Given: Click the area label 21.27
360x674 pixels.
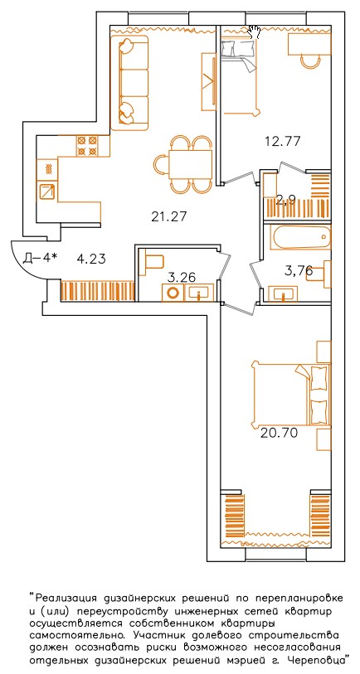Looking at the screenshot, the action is [168, 216].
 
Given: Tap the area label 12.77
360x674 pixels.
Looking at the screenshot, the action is [283, 141].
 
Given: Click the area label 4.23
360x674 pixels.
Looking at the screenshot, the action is [91, 259].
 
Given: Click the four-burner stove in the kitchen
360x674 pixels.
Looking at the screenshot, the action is [88, 146].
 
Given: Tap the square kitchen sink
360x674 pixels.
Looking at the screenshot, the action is [47, 192].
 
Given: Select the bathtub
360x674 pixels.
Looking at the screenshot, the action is [300, 238].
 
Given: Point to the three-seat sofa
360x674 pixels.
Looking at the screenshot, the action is [129, 83].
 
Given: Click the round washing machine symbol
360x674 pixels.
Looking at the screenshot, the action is [173, 293].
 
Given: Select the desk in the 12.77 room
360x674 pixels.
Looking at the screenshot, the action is [309, 44].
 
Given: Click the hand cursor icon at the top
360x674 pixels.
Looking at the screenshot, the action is [254, 32].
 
